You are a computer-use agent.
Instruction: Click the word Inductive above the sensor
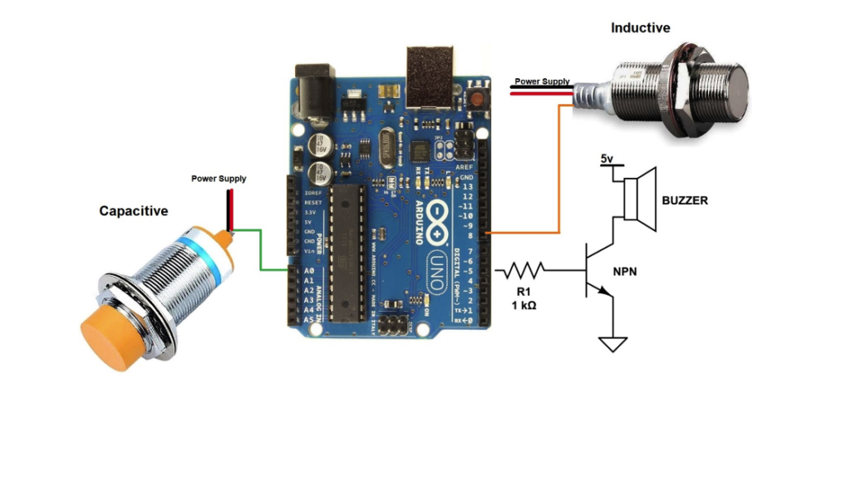tap(640, 27)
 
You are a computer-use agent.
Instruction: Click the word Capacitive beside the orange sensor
tap(133, 211)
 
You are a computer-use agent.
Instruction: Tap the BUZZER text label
tap(685, 200)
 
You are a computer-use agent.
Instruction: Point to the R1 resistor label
tap(523, 291)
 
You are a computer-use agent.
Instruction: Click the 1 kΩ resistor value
tap(524, 306)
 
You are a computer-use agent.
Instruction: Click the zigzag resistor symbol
tap(522, 269)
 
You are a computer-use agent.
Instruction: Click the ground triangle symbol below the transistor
tap(612, 342)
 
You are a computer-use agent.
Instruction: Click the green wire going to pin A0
tap(262, 249)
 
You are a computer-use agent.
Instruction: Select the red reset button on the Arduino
tap(478, 98)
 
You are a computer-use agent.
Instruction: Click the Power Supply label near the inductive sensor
tap(542, 81)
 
